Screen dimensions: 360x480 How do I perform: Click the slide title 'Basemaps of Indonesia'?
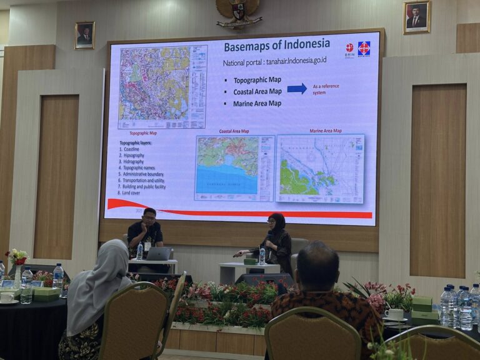coord(277,45)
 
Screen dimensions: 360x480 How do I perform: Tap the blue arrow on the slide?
coord(297,88)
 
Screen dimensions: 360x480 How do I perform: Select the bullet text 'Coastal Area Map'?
coord(257,92)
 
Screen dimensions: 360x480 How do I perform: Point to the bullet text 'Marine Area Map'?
coord(257,104)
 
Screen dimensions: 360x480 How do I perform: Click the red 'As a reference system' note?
coord(326,89)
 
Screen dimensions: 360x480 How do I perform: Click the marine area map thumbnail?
coord(320,169)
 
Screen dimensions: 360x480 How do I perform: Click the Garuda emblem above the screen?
coord(239,12)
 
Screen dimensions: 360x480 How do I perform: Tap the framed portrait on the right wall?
coord(416,17)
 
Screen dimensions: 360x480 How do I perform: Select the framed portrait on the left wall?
coord(84,35)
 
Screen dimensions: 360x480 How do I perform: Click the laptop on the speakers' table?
coord(159,254)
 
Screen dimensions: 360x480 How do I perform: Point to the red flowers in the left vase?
coord(17,257)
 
